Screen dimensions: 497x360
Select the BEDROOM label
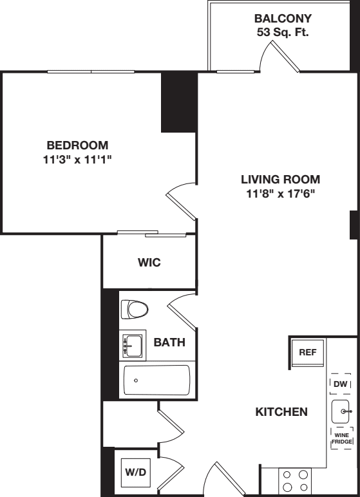[x=77, y=145]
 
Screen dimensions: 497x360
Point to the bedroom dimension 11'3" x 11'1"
[x=77, y=159]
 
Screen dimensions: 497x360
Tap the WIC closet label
[x=148, y=263]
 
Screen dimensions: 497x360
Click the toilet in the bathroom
[x=135, y=310]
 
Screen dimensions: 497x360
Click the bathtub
[x=156, y=380]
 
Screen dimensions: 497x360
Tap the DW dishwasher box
[x=341, y=384]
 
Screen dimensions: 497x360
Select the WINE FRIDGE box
[x=341, y=438]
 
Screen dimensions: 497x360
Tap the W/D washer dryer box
[x=135, y=472]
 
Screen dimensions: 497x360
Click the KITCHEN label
[x=281, y=412]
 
